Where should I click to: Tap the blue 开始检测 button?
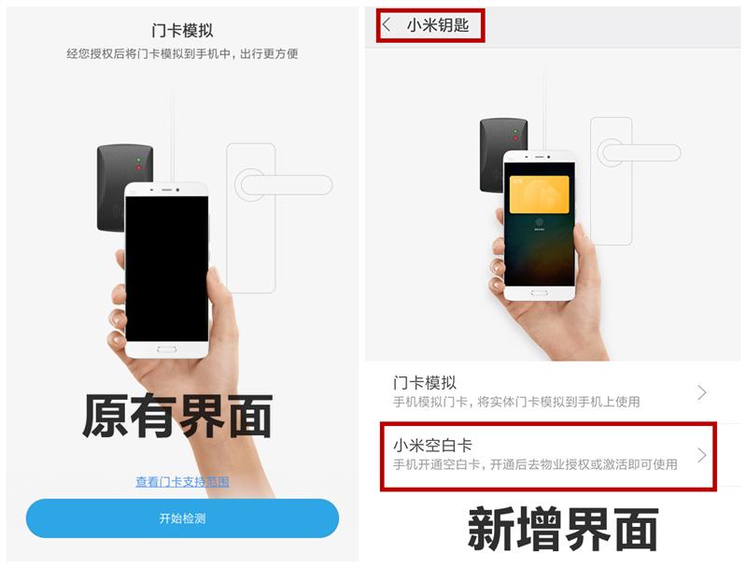[x=182, y=518]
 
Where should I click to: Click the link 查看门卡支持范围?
[x=182, y=482]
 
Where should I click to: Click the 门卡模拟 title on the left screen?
[x=182, y=31]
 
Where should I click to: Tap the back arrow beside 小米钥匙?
[x=387, y=25]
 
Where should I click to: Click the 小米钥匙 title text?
[x=438, y=25]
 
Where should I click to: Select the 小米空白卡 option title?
[x=432, y=445]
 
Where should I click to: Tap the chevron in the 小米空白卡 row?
[x=702, y=455]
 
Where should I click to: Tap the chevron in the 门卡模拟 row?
[x=702, y=392]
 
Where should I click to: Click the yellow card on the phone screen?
[x=540, y=194]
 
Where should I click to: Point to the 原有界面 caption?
[x=177, y=416]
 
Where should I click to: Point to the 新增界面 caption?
[x=563, y=529]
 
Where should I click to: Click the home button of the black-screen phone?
[x=167, y=349]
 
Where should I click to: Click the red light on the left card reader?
[x=138, y=168]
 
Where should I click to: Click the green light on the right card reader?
[x=515, y=131]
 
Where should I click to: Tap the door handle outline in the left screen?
[x=285, y=185]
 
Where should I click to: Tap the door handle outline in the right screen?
[x=640, y=153]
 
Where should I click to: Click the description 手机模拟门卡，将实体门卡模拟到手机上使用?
[x=516, y=402]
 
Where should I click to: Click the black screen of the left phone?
[x=167, y=269]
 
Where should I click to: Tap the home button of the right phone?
[x=540, y=293]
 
